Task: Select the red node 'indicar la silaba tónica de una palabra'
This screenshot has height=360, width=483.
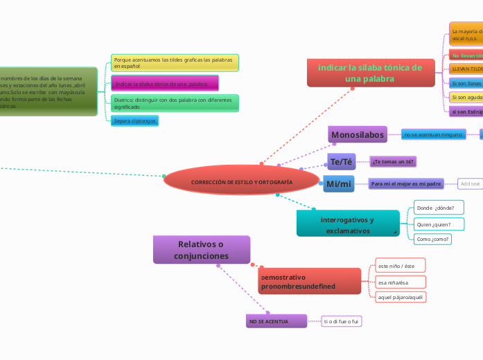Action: [371, 73]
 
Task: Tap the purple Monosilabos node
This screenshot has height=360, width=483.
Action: [358, 134]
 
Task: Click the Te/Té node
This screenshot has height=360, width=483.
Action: [341, 162]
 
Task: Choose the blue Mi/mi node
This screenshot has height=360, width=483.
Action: [338, 183]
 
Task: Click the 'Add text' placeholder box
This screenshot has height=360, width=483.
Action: [471, 183]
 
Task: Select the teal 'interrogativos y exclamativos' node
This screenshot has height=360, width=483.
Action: [348, 224]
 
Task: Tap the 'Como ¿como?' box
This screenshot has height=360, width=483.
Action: [433, 240]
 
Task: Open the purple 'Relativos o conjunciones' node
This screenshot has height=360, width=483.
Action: [201, 250]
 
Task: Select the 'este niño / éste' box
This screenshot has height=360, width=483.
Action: [399, 265]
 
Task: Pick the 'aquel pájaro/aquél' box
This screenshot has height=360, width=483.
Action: [400, 297]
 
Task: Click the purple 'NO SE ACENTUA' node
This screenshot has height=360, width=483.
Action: [276, 322]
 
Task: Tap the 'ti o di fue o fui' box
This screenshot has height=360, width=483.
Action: [342, 321]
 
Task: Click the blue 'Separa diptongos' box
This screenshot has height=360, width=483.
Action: [135, 121]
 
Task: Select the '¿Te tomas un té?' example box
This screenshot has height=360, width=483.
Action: [393, 162]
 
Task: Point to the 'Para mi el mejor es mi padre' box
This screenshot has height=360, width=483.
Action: [406, 183]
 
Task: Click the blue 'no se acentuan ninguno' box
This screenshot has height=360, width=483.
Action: [434, 134]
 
